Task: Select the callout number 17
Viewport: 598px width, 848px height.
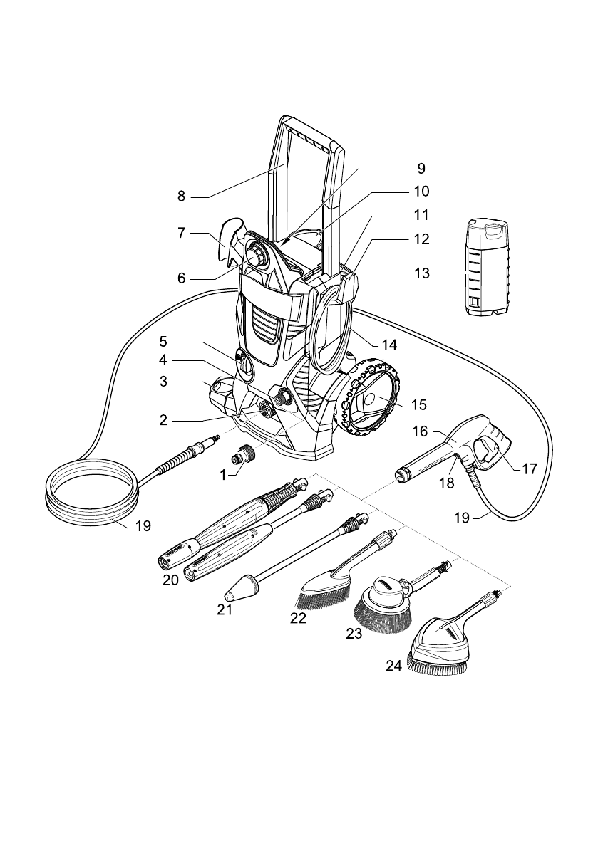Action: tap(530, 469)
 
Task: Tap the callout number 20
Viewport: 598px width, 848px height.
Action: tap(170, 580)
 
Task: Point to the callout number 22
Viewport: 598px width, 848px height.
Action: tap(298, 617)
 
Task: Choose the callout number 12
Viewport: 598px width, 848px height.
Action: tap(421, 239)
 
